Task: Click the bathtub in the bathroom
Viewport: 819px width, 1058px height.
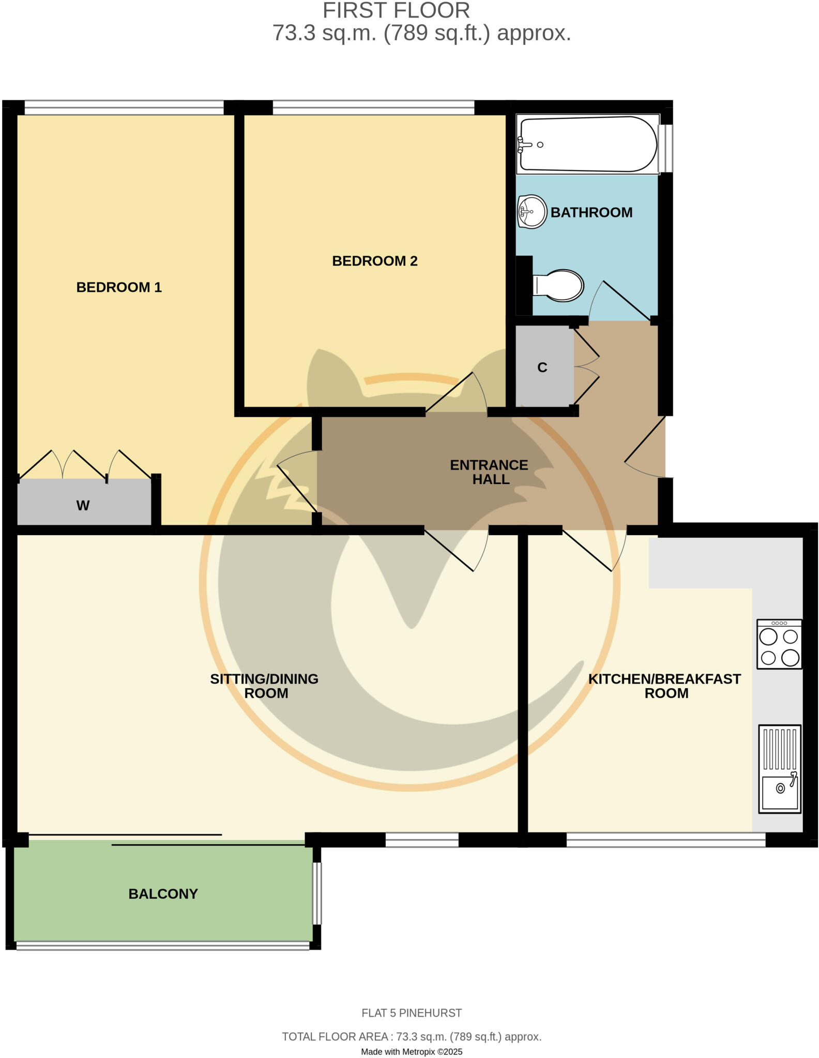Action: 588,144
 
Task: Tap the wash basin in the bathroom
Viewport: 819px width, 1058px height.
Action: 532,212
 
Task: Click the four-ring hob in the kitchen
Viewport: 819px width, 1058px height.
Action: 779,645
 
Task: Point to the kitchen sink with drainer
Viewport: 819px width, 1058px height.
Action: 780,769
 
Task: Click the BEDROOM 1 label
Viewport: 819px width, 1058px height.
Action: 119,287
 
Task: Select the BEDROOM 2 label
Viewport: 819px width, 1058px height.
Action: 374,261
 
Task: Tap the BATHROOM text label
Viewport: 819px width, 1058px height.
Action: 591,212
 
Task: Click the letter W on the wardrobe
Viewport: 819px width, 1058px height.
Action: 83,505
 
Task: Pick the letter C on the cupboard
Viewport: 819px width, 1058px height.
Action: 542,367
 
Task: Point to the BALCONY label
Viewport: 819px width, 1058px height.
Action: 163,894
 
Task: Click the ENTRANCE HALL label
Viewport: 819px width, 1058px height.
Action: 489,472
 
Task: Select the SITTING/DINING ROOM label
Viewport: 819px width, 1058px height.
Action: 264,686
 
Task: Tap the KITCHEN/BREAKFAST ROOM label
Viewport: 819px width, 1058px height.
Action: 664,686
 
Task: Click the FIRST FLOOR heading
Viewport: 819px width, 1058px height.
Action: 396,10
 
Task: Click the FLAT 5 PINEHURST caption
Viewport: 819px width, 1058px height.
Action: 412,1013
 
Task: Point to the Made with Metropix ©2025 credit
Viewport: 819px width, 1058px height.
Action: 412,1052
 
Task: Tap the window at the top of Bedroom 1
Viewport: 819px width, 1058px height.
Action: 124,107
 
